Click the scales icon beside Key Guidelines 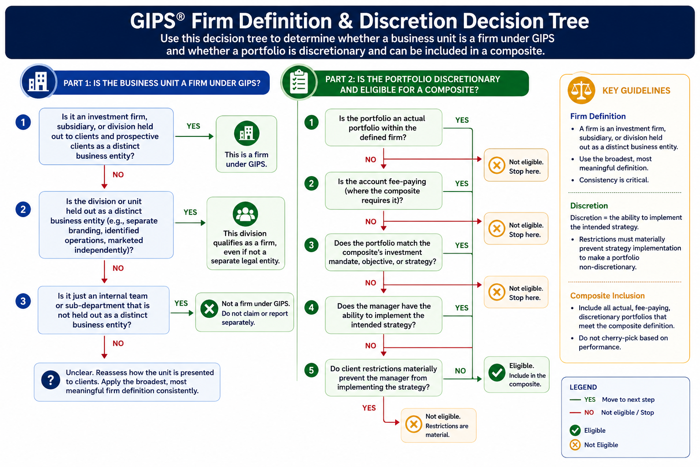(x=581, y=90)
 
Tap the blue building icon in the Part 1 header (x=38, y=82)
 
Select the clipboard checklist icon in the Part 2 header (x=299, y=82)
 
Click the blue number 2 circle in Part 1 (x=23, y=209)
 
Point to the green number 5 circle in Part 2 (x=311, y=370)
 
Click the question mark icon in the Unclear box (x=50, y=380)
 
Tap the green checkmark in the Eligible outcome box (x=497, y=373)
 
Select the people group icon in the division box (x=245, y=214)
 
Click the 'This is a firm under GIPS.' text (x=247, y=159)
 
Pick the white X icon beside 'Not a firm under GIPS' (x=209, y=309)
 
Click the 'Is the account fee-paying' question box (x=383, y=191)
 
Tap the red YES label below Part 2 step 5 (x=369, y=408)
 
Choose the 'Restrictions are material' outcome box (x=438, y=425)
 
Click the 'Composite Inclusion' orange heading (x=607, y=296)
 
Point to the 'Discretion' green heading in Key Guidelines (x=589, y=206)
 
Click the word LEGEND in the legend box (x=583, y=387)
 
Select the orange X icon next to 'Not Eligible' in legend (x=575, y=445)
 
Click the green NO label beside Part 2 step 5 (x=460, y=371)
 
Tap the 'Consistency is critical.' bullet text (x=614, y=180)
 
